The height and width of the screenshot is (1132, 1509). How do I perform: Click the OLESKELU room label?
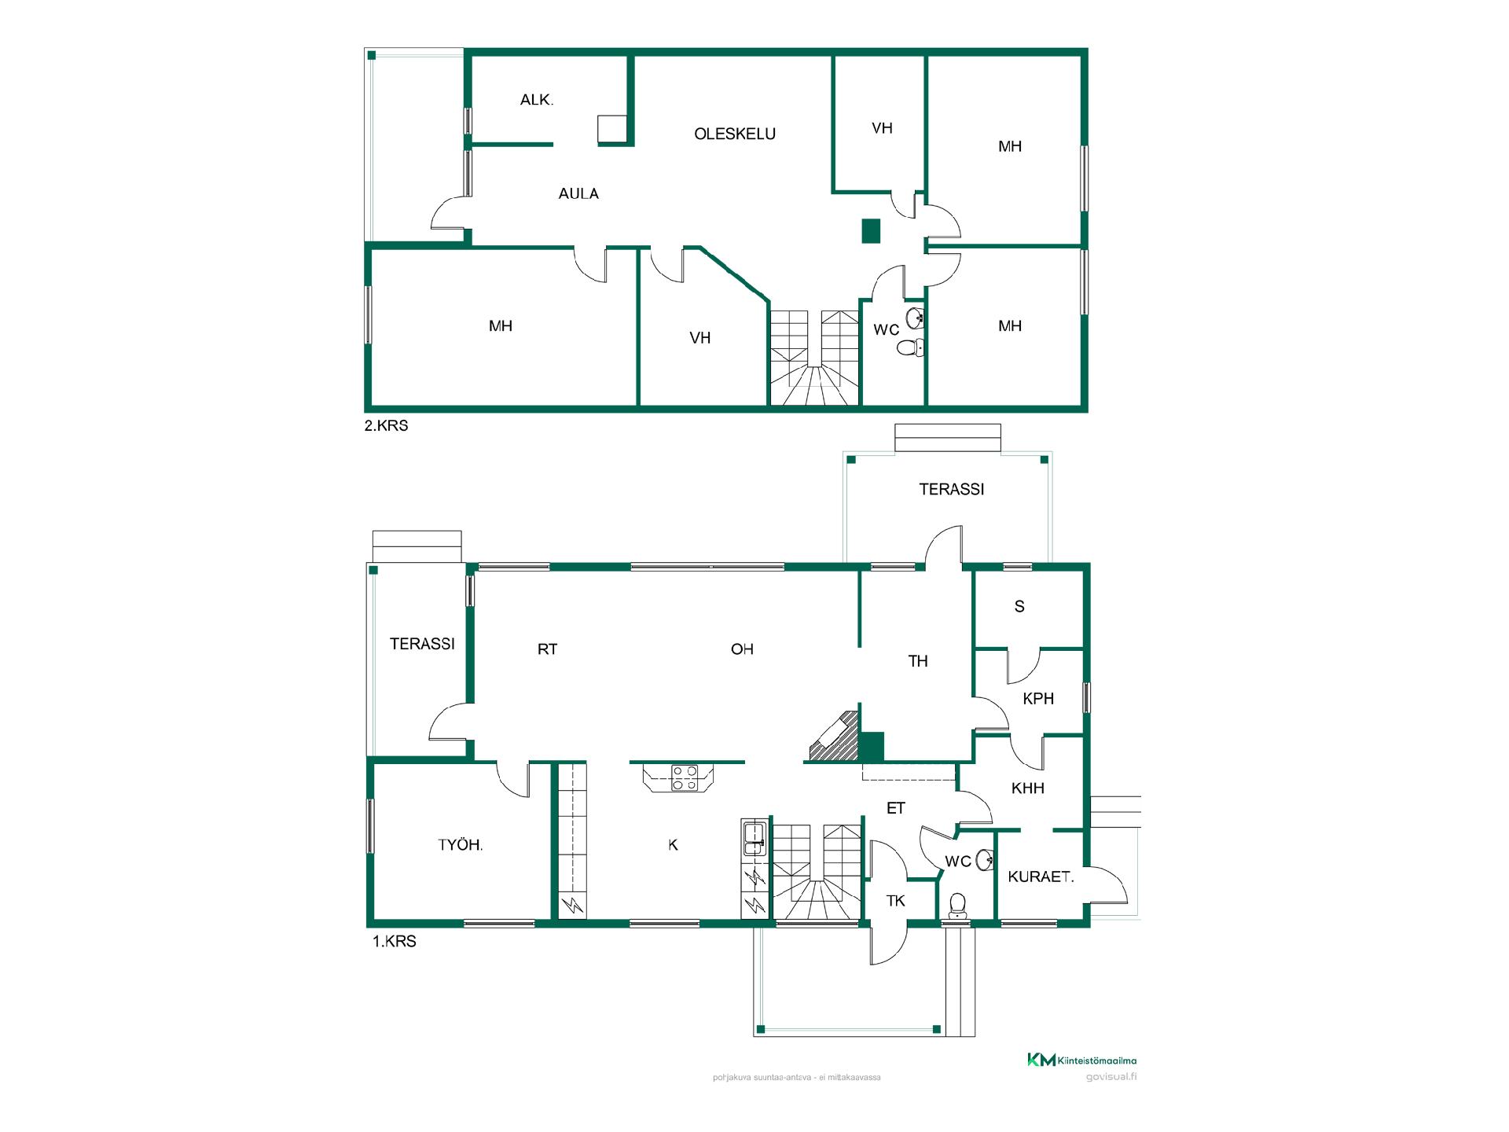pyautogui.click(x=735, y=134)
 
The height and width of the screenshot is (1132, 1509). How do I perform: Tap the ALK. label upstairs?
pyautogui.click(x=537, y=100)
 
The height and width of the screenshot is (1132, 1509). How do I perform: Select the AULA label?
pyautogui.click(x=578, y=193)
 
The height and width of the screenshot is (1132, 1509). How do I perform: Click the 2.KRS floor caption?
pyautogui.click(x=386, y=426)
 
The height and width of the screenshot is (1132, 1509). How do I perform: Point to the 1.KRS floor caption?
pyautogui.click(x=394, y=941)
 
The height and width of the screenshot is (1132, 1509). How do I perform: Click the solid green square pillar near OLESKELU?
pyautogui.click(x=871, y=231)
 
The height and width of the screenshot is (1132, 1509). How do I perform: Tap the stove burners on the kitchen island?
pyautogui.click(x=684, y=777)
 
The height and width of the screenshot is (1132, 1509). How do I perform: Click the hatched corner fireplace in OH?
pyautogui.click(x=832, y=737)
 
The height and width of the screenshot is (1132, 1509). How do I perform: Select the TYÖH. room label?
pyautogui.click(x=461, y=845)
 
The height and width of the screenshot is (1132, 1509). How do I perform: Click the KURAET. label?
pyautogui.click(x=1041, y=877)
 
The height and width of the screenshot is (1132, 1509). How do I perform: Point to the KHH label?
pyautogui.click(x=1027, y=788)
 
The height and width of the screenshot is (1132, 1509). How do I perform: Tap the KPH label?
pyautogui.click(x=1038, y=698)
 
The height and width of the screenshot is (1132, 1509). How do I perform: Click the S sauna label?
pyautogui.click(x=1019, y=606)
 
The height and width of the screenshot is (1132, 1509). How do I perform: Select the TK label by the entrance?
pyautogui.click(x=896, y=901)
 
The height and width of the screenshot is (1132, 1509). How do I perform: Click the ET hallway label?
pyautogui.click(x=896, y=808)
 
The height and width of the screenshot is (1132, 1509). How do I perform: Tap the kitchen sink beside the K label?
pyautogui.click(x=754, y=838)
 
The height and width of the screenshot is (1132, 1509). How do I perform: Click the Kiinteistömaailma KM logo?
pyautogui.click(x=1081, y=1060)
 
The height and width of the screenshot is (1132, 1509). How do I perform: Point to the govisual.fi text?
pyautogui.click(x=1111, y=1077)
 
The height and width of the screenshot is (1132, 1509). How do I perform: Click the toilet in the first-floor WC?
pyautogui.click(x=957, y=906)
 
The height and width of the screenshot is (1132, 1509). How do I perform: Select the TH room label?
pyautogui.click(x=918, y=661)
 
